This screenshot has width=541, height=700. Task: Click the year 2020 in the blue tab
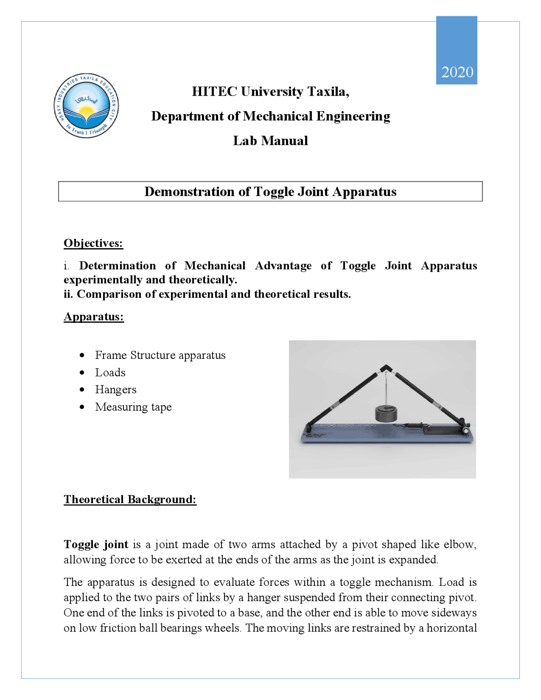pyautogui.click(x=457, y=72)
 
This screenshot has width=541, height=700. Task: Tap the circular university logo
pyautogui.click(x=86, y=106)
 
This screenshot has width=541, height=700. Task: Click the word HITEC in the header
pyautogui.click(x=214, y=92)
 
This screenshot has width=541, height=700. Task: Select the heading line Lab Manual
pyautogui.click(x=270, y=141)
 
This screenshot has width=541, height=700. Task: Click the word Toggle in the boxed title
pyautogui.click(x=274, y=192)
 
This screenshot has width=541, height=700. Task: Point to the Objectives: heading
pyautogui.click(x=93, y=243)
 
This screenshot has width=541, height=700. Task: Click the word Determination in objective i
pyautogui.click(x=117, y=266)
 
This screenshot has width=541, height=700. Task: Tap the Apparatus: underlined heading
pyautogui.click(x=94, y=317)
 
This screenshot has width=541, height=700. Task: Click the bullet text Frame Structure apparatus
pyautogui.click(x=160, y=355)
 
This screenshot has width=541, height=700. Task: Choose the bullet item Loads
pyautogui.click(x=110, y=373)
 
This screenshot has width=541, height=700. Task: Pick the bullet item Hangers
pyautogui.click(x=116, y=390)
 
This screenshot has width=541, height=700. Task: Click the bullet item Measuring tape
pyautogui.click(x=133, y=407)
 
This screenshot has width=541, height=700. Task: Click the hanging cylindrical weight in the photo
pyautogui.click(x=386, y=414)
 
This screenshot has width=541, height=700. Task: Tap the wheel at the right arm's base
pyautogui.click(x=465, y=430)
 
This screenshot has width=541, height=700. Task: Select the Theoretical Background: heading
pyautogui.click(x=130, y=500)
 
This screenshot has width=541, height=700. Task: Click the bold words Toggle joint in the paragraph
pyautogui.click(x=96, y=544)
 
